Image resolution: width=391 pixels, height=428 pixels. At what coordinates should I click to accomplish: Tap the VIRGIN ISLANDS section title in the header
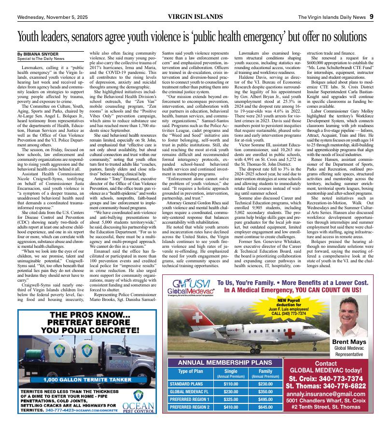pos(195,17)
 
